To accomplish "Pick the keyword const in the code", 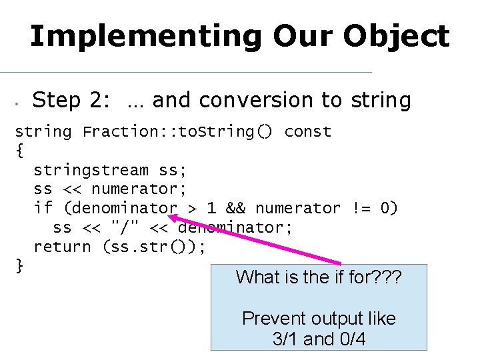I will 307,131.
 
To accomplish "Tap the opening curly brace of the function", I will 19,151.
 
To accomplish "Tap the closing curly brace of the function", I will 19,266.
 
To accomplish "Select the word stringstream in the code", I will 91,170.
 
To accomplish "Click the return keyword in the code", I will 62,247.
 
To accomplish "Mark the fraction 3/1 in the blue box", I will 285,339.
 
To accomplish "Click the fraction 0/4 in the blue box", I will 352,339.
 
